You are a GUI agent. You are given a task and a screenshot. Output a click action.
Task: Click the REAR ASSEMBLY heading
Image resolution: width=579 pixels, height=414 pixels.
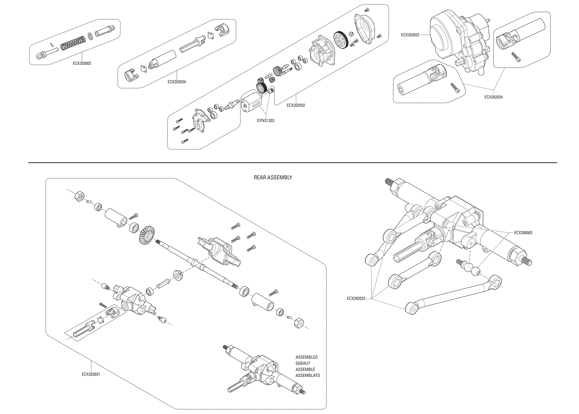[273, 177]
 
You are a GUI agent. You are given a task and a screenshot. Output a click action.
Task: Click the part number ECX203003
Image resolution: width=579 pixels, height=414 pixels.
[82, 63]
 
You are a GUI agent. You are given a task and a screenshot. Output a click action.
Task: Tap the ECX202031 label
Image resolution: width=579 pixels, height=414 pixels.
[91, 374]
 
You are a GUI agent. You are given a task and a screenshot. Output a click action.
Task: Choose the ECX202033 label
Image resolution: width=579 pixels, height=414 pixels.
[356, 298]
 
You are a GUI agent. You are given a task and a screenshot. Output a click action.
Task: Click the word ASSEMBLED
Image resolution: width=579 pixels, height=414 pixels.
[306, 357]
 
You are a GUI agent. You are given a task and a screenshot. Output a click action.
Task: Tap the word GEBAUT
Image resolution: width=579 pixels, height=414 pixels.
[303, 363]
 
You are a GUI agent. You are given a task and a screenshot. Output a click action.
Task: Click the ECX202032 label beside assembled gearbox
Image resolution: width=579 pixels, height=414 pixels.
[410, 35]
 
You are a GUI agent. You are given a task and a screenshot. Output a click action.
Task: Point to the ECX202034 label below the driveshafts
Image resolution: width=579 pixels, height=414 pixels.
[494, 97]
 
